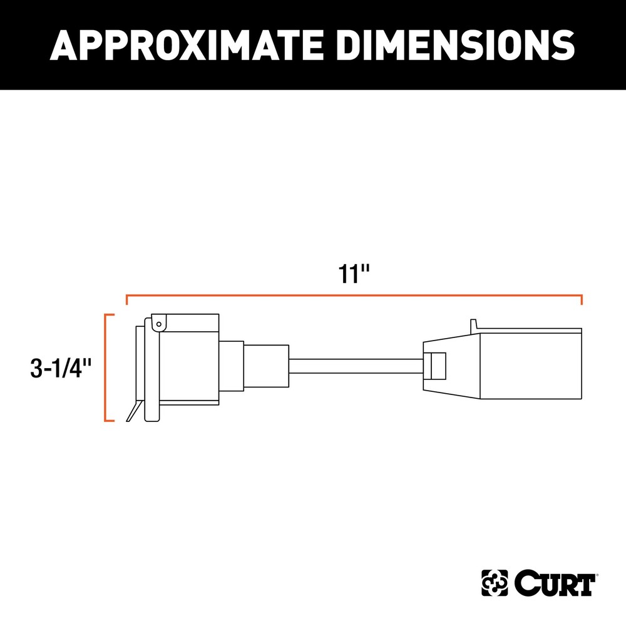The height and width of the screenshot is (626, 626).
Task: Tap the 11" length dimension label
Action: point(356,275)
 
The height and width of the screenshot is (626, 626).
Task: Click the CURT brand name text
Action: point(554,585)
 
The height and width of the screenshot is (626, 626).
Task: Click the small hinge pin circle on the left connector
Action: point(159,324)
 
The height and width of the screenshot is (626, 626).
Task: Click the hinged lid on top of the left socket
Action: point(188,322)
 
